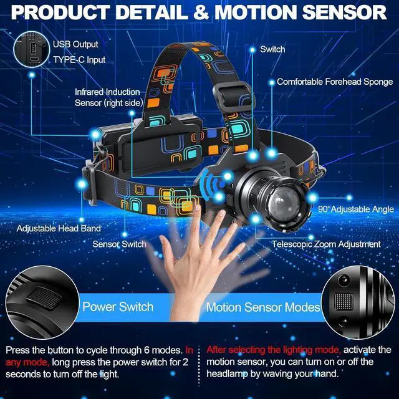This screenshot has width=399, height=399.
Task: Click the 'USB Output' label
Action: [x=75, y=44]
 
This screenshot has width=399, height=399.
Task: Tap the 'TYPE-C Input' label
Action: [x=79, y=60]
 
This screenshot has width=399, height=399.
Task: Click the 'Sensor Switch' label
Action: [x=118, y=244]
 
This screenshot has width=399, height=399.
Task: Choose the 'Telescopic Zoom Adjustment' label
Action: [x=326, y=244]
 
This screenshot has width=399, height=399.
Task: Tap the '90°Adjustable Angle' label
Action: [x=355, y=209]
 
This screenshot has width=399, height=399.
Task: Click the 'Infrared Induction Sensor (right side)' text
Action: [x=108, y=97]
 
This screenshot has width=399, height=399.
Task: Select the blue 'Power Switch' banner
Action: [x=118, y=307]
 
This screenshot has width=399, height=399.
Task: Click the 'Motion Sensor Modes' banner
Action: [x=263, y=307]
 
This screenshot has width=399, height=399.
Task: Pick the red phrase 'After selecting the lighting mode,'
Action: [x=273, y=350]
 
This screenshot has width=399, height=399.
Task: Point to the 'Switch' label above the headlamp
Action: [x=272, y=49]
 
